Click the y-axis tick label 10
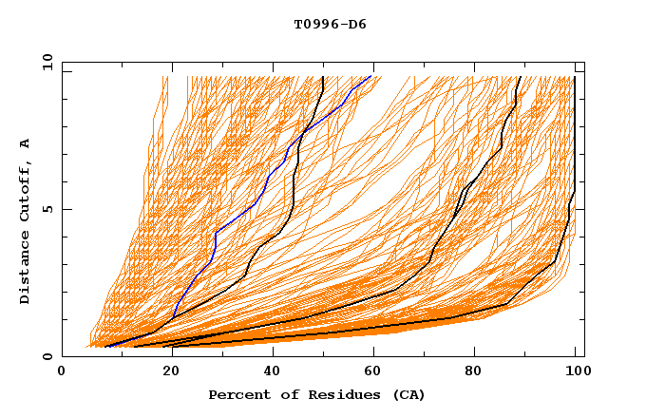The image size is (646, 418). (47, 62)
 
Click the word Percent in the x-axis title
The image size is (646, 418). (238, 394)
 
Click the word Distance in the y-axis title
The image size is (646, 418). (25, 267)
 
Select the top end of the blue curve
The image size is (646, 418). (370, 77)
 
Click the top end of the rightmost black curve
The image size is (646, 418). (575, 77)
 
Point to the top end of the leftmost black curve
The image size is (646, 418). (323, 77)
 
